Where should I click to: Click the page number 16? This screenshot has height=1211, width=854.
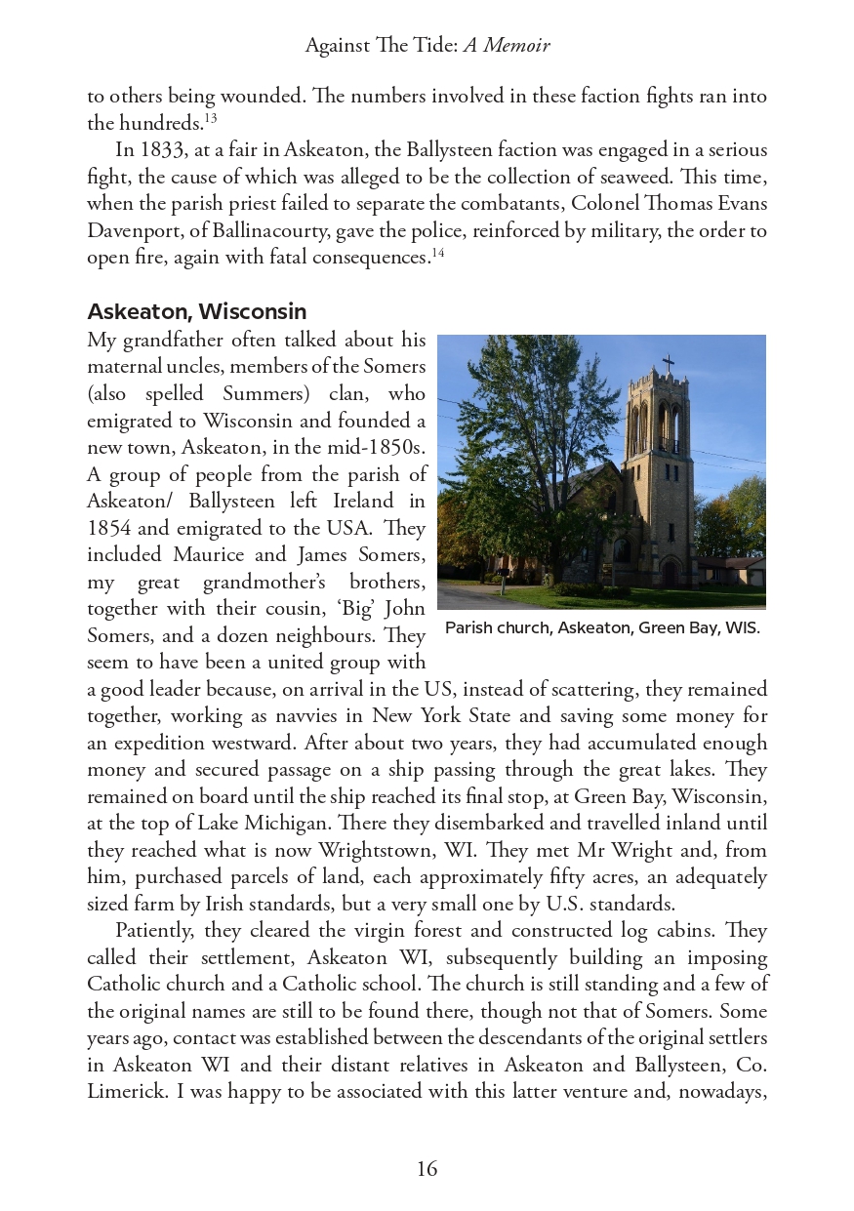[427, 1169]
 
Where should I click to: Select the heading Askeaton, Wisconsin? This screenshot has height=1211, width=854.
[196, 311]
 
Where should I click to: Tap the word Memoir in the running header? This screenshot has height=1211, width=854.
[517, 46]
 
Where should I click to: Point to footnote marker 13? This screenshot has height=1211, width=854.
[211, 119]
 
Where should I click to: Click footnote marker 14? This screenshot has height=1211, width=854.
[438, 254]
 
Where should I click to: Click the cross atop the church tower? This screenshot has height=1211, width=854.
[669, 363]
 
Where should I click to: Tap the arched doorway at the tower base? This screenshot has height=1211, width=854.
[671, 570]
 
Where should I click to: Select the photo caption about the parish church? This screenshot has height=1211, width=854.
[602, 627]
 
